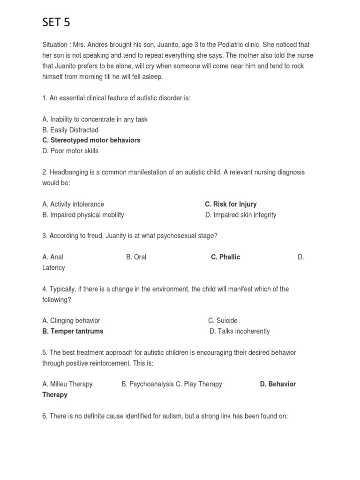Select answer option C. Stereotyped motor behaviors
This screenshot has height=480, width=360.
91,140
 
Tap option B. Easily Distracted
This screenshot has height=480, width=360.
70,130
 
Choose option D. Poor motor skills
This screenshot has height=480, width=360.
70,151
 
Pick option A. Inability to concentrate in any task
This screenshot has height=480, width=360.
95,119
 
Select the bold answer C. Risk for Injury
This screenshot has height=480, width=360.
231,204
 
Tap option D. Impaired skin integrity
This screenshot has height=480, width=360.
240,215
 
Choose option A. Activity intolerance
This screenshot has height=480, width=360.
73,204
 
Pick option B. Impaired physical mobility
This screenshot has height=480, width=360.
83,215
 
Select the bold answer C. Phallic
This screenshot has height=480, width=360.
225,257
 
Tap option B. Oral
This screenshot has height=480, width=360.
136,257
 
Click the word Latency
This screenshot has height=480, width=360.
53,268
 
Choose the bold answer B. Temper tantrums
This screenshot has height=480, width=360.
73,331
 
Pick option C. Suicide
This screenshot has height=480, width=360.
223,321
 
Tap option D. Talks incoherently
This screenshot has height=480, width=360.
240,331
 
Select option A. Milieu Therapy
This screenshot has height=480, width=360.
67,384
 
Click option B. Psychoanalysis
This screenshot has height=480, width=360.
147,384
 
